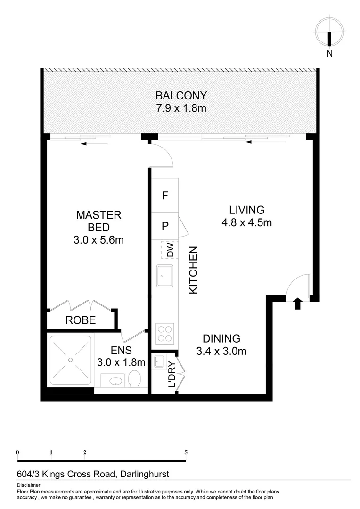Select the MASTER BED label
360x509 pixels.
click(99, 222)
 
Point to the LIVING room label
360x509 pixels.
click(246, 210)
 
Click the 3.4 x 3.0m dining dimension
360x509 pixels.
click(221, 351)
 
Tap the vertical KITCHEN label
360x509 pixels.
click(193, 271)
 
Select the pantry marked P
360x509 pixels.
click(165, 226)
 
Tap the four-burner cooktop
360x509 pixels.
click(165, 334)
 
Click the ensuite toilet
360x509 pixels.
click(135, 378)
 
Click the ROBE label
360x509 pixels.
click(81, 320)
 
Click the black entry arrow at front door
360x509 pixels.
click(297, 304)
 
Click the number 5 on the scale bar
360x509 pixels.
click(186, 452)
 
